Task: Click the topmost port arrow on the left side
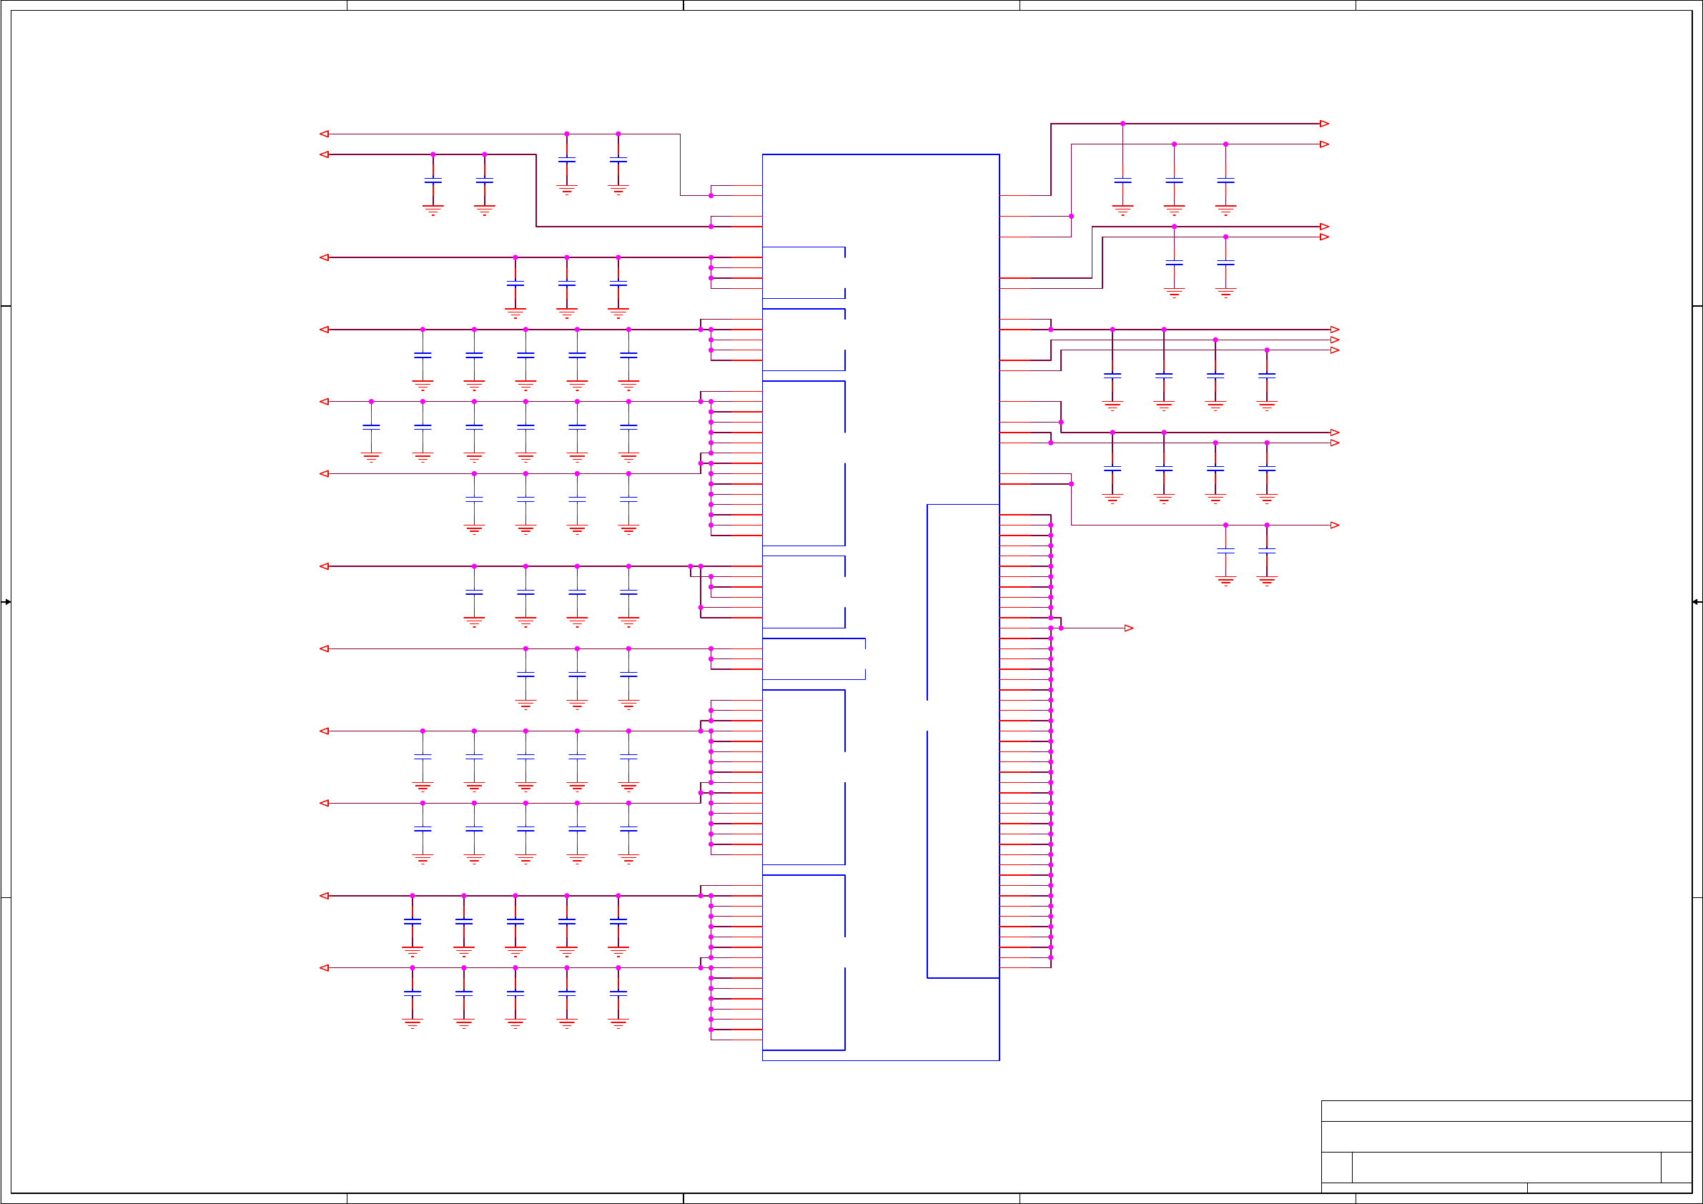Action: point(324,134)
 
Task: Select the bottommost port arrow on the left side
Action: point(324,968)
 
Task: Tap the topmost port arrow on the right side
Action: point(1324,124)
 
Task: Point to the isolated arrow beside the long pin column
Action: point(1128,628)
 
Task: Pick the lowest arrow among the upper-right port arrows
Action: point(1334,525)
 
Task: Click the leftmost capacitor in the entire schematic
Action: point(371,428)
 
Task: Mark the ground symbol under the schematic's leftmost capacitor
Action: point(371,456)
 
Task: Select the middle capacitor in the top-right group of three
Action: point(1174,180)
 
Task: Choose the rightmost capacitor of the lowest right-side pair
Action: point(1267,551)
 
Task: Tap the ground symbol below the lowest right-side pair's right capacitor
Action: point(1267,581)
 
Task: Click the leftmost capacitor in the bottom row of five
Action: point(413,993)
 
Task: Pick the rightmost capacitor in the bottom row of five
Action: point(618,993)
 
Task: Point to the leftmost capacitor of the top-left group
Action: point(433,180)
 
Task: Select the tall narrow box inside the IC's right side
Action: point(963,741)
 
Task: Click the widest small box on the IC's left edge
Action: point(814,658)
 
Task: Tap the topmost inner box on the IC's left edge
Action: point(804,273)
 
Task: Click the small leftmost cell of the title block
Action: point(1336,1167)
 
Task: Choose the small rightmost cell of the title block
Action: point(1676,1167)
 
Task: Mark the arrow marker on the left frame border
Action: point(6,601)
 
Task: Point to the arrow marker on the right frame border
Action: point(1697,601)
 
